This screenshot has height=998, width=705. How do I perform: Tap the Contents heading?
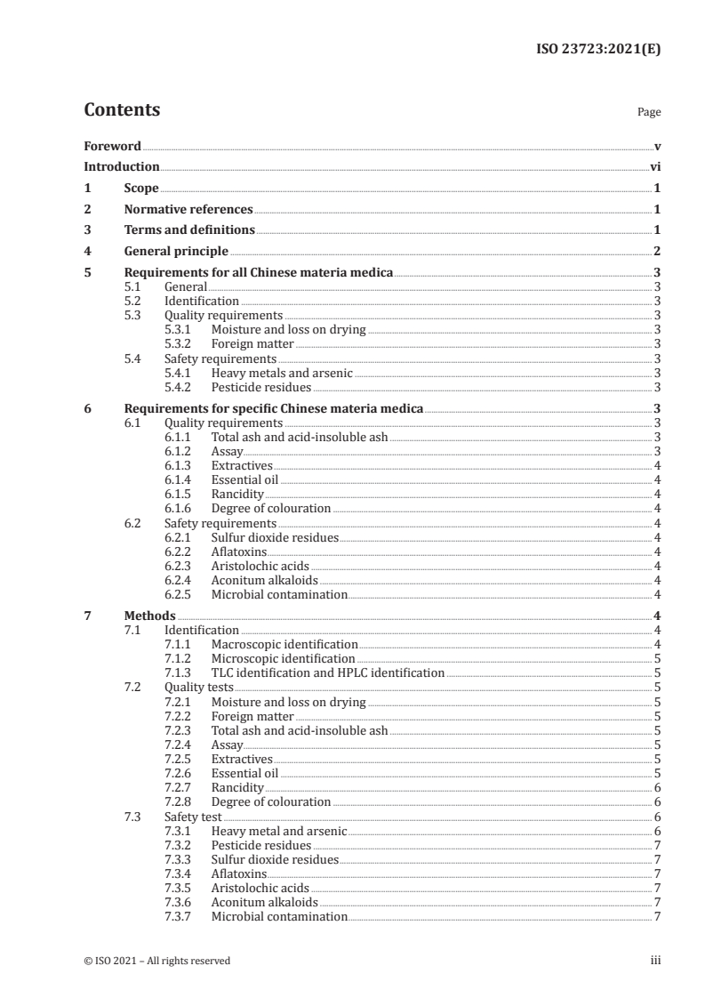pyautogui.click(x=122, y=110)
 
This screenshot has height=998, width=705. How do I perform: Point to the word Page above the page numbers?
pyautogui.click(x=649, y=113)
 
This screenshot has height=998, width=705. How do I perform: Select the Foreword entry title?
pyautogui.click(x=112, y=146)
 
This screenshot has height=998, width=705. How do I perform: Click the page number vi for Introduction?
pyautogui.click(x=654, y=166)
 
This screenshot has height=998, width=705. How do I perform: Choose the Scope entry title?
pyautogui.click(x=141, y=188)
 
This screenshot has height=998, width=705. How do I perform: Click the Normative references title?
pyautogui.click(x=188, y=209)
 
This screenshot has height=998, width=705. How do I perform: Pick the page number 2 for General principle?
pyautogui.click(x=656, y=251)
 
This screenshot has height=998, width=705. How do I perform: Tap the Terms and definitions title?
pyautogui.click(x=189, y=230)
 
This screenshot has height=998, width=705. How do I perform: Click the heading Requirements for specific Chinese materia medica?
pyautogui.click(x=274, y=409)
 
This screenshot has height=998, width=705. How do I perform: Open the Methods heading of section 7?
pyautogui.click(x=150, y=616)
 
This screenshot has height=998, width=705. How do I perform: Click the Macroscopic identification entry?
pyautogui.click(x=284, y=644)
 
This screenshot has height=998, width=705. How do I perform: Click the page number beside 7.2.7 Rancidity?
pyautogui.click(x=656, y=788)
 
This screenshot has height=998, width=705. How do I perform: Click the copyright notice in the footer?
pyautogui.click(x=157, y=961)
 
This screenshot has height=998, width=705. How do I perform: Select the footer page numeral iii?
pyautogui.click(x=654, y=961)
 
